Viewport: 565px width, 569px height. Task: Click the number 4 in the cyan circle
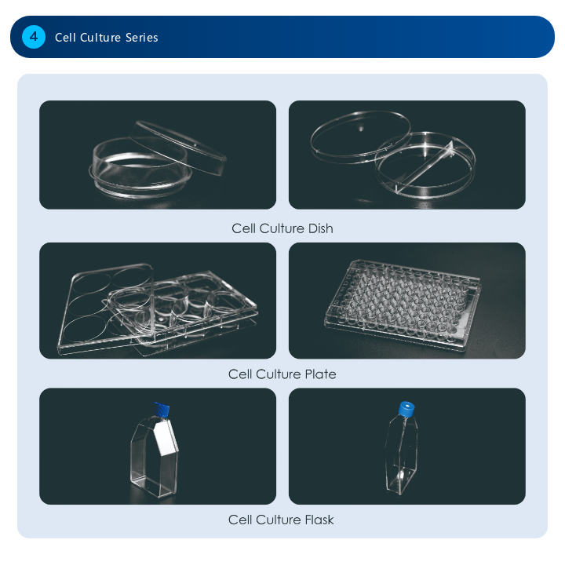(x=34, y=37)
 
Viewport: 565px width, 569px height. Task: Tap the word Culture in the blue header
(x=100, y=38)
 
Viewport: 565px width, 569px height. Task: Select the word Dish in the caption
(x=320, y=228)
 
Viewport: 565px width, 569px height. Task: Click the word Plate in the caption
(x=320, y=374)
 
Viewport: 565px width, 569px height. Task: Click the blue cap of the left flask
(x=161, y=410)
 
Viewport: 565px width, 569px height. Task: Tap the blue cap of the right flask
(x=406, y=408)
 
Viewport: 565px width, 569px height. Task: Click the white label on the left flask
(x=166, y=437)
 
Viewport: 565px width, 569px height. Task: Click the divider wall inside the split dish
(x=425, y=167)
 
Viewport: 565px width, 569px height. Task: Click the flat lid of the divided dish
(x=360, y=137)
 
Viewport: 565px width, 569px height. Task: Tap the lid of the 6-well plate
(x=105, y=308)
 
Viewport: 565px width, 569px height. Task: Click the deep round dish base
(x=140, y=168)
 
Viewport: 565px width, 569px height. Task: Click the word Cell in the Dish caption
(x=243, y=228)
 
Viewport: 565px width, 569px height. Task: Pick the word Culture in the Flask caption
(x=279, y=520)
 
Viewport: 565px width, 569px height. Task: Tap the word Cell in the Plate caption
(x=240, y=374)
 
